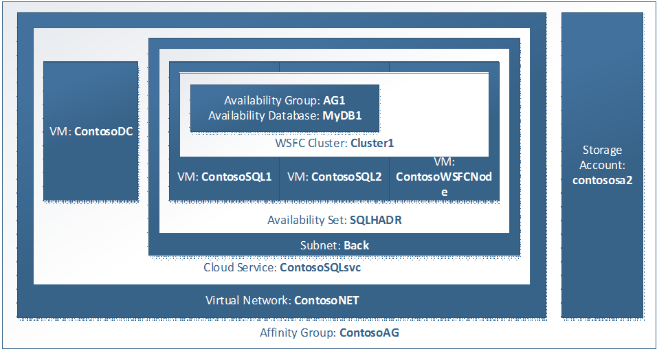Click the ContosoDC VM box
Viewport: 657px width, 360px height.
(91, 131)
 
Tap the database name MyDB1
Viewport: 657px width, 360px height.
(342, 116)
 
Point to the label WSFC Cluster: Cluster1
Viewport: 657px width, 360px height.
(334, 144)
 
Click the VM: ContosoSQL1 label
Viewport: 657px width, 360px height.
(224, 177)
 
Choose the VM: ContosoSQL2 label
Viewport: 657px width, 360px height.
(334, 177)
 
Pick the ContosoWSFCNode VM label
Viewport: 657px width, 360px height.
(444, 177)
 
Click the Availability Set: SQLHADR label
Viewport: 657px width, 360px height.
(334, 221)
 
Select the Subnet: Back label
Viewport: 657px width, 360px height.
(335, 245)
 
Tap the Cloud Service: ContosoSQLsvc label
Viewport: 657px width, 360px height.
(282, 268)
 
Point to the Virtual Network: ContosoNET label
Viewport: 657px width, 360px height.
(282, 301)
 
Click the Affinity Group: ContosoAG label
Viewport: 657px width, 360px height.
(329, 333)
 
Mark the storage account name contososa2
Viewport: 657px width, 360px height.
(602, 180)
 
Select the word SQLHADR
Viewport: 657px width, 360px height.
(375, 221)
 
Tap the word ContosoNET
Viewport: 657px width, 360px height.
(326, 301)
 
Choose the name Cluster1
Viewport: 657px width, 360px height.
(372, 144)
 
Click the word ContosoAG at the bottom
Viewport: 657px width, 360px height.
(368, 333)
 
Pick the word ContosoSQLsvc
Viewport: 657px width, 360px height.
(320, 268)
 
